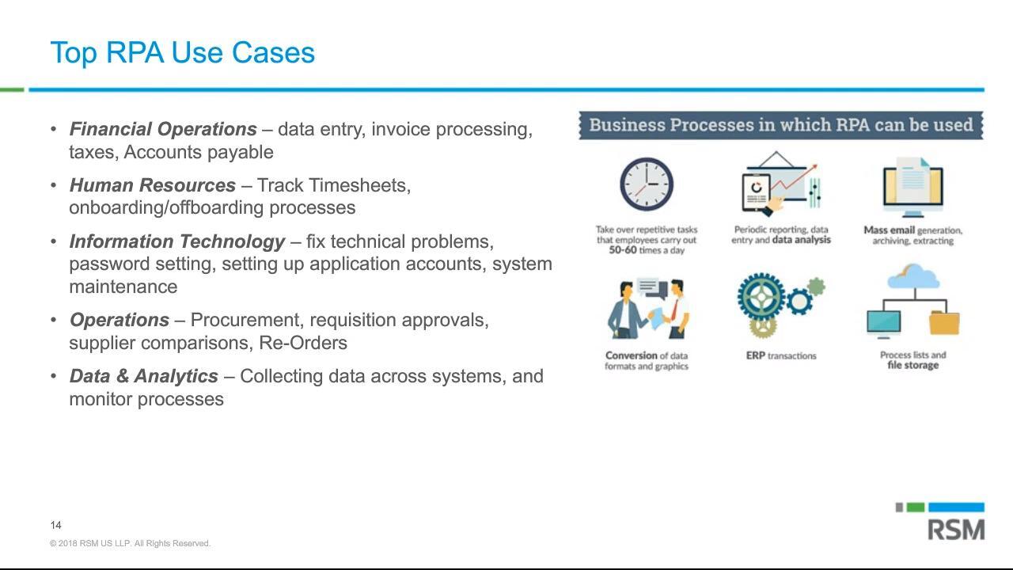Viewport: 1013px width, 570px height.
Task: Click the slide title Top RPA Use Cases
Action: pos(182,53)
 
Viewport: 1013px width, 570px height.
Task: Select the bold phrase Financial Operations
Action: pos(163,129)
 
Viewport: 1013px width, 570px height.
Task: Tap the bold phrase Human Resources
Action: pos(153,185)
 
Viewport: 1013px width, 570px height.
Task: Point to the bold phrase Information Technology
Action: pos(176,241)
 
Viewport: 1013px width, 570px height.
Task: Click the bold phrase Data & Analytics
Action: pos(143,376)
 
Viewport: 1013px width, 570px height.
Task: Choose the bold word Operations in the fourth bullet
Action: pos(120,321)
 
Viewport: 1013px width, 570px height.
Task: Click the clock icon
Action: pos(647,184)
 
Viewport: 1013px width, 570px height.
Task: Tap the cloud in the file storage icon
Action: pos(913,276)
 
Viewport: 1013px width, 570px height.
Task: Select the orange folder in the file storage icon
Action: pos(944,323)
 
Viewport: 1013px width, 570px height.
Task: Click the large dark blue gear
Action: pos(761,297)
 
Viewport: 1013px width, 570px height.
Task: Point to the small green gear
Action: pos(816,287)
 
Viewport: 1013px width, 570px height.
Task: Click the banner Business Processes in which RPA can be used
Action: pos(781,125)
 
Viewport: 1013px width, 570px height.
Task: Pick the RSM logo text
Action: pos(956,530)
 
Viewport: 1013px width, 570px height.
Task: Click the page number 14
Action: pos(55,525)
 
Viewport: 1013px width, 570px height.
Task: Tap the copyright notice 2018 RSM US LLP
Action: pos(130,543)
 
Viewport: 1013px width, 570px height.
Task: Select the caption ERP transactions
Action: pos(781,356)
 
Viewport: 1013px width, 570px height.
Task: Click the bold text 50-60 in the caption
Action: pos(623,250)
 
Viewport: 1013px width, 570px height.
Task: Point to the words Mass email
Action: pos(889,230)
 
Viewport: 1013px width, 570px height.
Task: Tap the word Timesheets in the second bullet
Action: pos(359,185)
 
